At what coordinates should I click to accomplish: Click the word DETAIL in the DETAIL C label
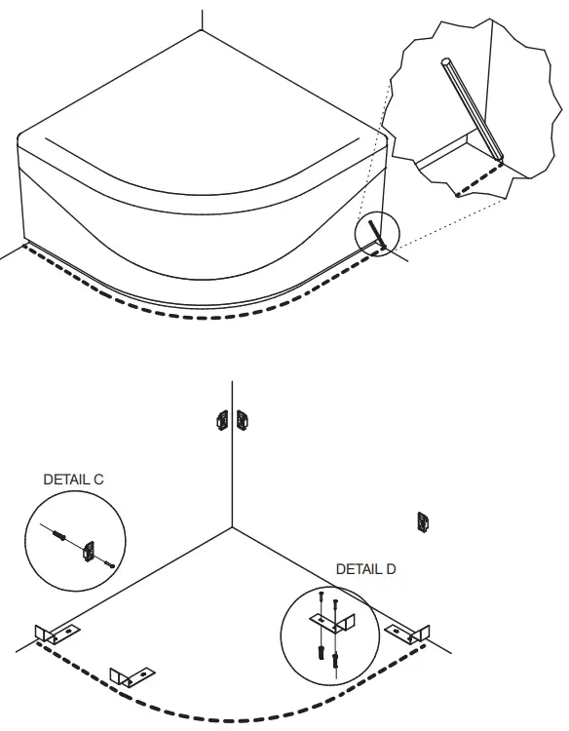click(65, 480)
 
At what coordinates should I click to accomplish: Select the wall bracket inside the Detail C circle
click(90, 552)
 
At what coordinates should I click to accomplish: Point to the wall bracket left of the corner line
click(221, 420)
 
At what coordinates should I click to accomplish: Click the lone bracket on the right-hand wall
click(423, 521)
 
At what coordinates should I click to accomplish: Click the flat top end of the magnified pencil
click(448, 63)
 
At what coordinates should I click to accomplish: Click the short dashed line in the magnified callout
click(478, 177)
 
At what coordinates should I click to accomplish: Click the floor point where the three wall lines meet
click(232, 527)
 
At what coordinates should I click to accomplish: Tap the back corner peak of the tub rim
click(202, 31)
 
